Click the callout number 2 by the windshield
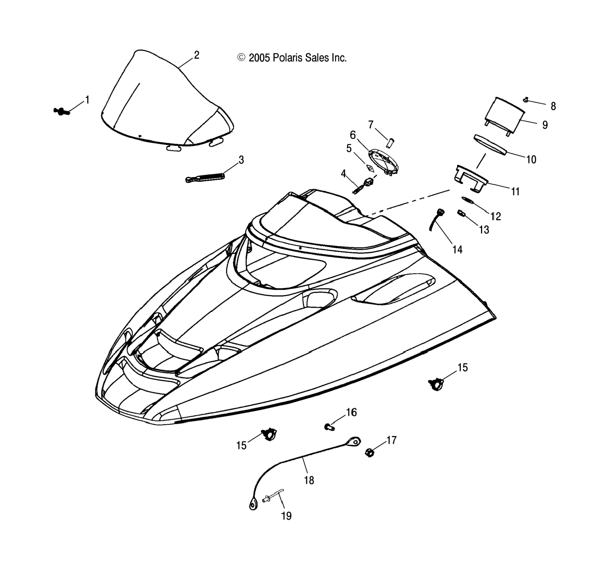[x=197, y=55]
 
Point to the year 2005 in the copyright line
[x=259, y=58]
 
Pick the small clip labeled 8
[x=526, y=99]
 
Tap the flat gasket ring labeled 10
[x=491, y=145]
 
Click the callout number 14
[x=457, y=250]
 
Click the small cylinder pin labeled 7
[x=390, y=143]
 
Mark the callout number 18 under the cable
[x=309, y=480]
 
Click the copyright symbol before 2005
[x=242, y=57]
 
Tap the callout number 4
[x=344, y=174]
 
